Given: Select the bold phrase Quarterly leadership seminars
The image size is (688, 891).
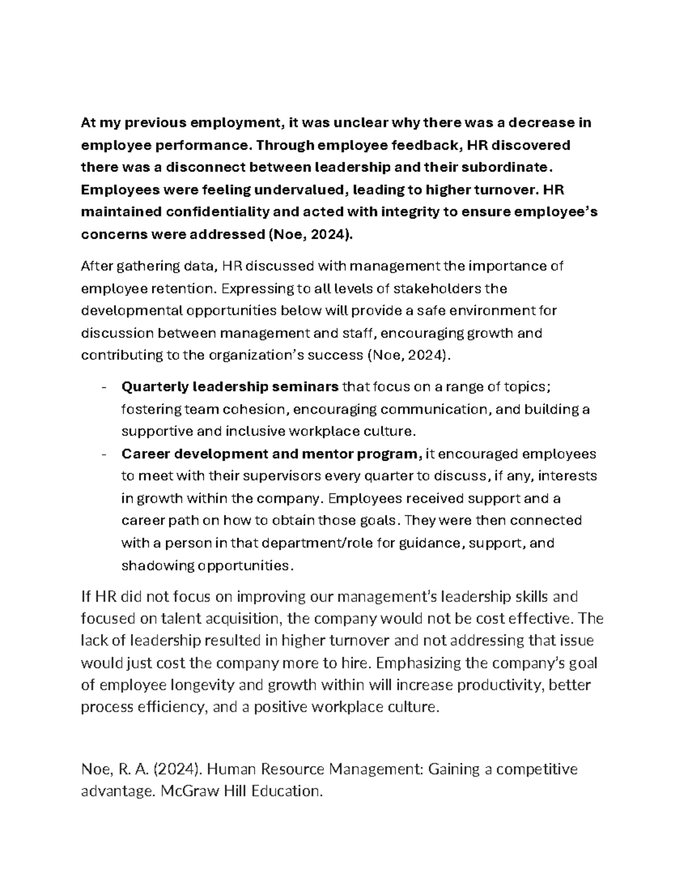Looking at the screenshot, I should tap(230, 387).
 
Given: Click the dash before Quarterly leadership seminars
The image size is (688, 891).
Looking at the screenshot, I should tap(103, 387).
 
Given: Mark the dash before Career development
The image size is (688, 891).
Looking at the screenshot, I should tap(103, 454).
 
